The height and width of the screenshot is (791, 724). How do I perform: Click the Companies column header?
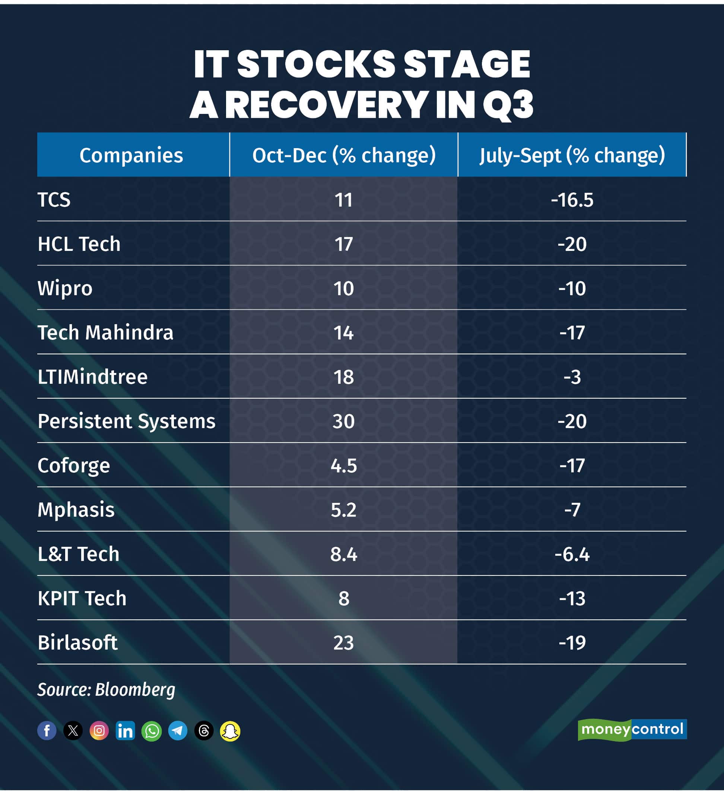coord(131,155)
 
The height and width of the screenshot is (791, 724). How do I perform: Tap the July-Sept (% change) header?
coord(572,155)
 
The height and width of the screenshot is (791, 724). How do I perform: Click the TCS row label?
coord(54,200)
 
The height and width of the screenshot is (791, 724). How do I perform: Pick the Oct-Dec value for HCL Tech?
coord(343,244)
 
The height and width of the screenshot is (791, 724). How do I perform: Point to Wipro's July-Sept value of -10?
coord(572,288)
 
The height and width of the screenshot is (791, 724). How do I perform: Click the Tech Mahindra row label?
coord(105,333)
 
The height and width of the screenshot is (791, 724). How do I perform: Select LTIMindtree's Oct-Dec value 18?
coord(343,377)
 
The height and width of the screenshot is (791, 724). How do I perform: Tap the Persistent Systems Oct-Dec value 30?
coord(343,421)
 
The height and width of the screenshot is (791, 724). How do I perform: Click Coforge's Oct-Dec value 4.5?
coord(343,466)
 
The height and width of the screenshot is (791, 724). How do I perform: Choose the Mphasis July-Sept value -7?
coord(572,510)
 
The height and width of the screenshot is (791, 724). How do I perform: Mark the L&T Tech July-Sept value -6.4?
coord(572,554)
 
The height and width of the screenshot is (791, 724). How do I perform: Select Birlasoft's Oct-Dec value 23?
coord(343,643)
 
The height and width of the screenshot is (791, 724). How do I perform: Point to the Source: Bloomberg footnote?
coord(106,690)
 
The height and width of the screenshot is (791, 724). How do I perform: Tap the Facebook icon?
coord(47,731)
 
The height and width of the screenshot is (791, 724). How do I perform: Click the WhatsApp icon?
coord(152,731)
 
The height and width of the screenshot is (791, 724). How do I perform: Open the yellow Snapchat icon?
coord(230,731)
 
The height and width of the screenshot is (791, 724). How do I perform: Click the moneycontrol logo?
coord(632,730)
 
